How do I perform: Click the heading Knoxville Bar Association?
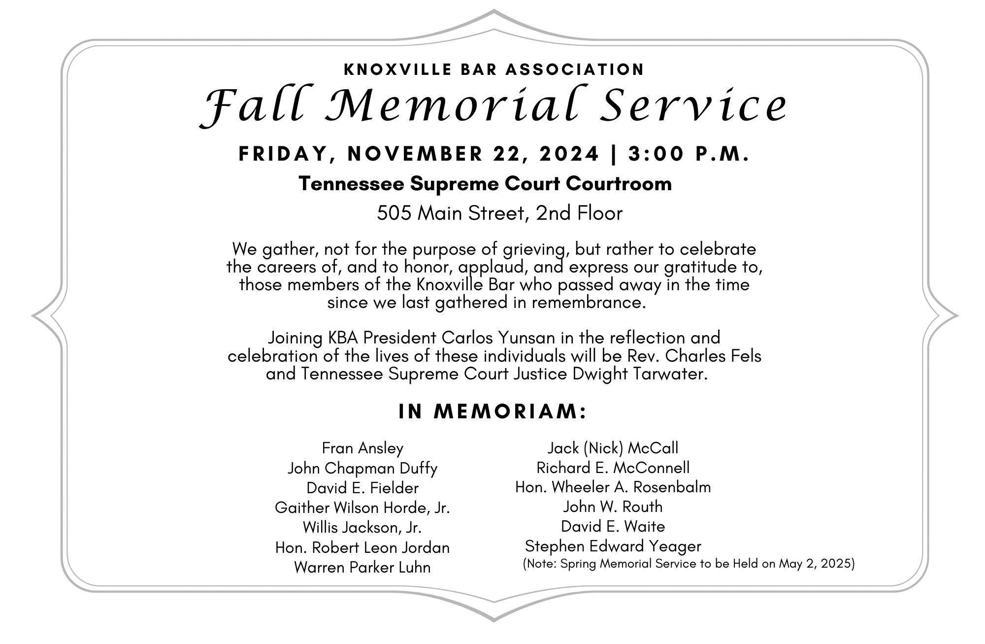pos(494,69)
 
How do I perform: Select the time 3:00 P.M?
pos(689,154)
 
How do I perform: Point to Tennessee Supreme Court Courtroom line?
pos(485,184)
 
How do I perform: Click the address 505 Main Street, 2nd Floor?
pos(499,213)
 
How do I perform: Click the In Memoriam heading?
pos(493,411)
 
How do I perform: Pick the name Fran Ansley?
pos(362,448)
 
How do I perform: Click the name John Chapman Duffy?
pos(362,468)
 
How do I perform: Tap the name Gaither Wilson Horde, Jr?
pos(362,508)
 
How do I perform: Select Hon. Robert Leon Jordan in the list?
pos(362,547)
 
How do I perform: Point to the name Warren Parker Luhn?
pos(362,567)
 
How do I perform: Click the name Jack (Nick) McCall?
pos(613,448)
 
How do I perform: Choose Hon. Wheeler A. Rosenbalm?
pos(613,487)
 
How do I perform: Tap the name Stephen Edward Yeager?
pos(613,546)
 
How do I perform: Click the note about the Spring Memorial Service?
pos(689,564)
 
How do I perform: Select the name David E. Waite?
pos(613,527)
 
